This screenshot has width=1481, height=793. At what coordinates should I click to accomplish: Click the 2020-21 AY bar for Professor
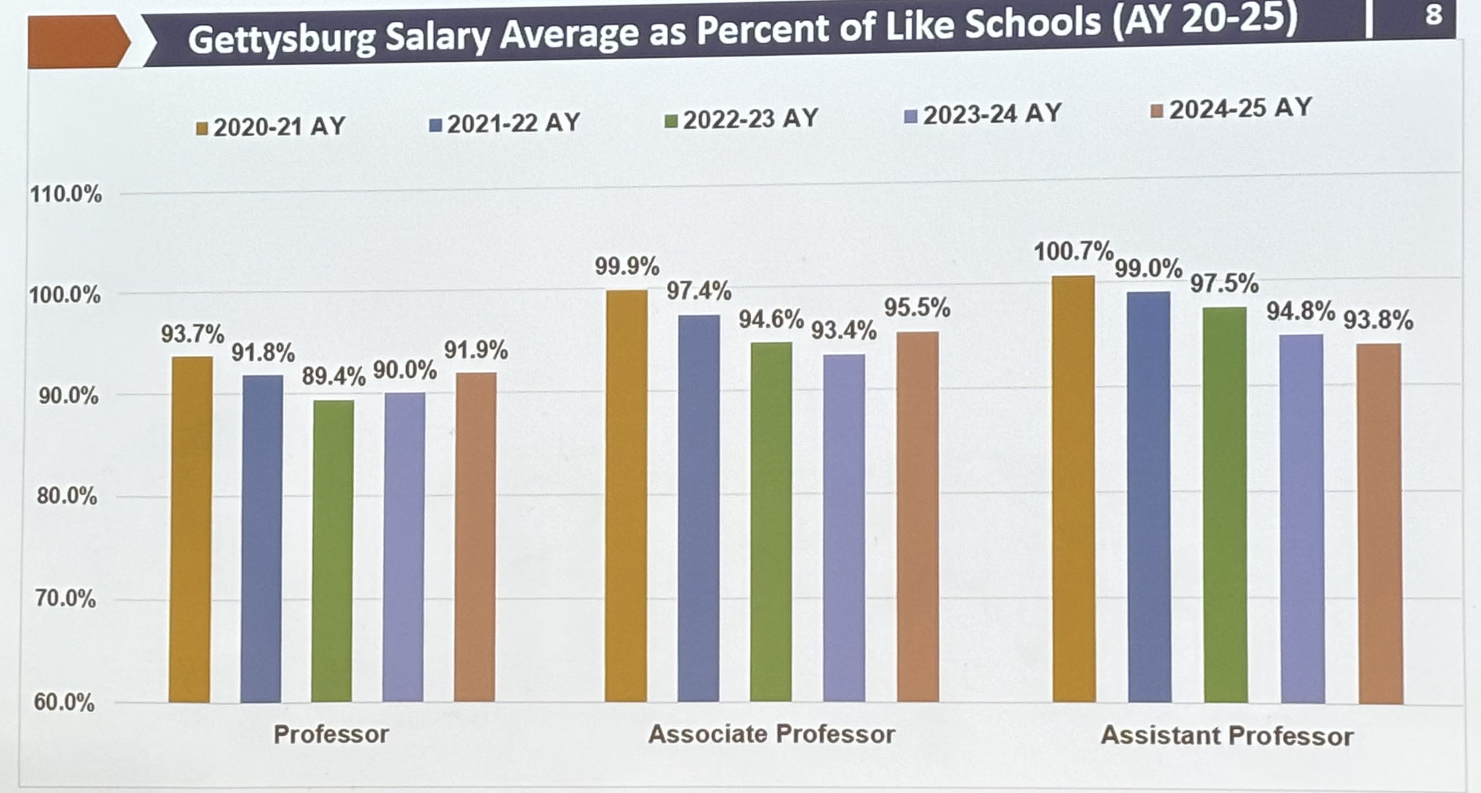(191, 529)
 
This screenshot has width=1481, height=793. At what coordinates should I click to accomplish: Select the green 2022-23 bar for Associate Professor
(771, 522)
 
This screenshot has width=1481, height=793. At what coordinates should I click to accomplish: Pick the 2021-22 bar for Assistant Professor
(1149, 497)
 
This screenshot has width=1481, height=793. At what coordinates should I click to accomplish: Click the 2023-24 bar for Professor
(404, 547)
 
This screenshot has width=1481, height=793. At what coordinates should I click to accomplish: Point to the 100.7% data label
(1072, 252)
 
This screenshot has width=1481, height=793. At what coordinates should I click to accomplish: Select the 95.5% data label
(917, 308)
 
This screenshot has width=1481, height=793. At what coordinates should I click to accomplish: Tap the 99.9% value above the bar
(627, 267)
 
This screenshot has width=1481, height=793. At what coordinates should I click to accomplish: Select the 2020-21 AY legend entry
(271, 127)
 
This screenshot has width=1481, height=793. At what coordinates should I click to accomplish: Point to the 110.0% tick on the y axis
(65, 195)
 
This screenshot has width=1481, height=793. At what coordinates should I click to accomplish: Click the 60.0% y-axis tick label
(64, 703)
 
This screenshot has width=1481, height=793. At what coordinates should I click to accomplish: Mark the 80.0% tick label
(66, 497)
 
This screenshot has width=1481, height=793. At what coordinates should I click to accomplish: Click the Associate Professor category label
(772, 734)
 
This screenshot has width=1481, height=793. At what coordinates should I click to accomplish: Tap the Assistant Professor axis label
(1227, 736)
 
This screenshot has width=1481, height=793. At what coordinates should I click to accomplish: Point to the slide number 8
(1433, 15)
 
